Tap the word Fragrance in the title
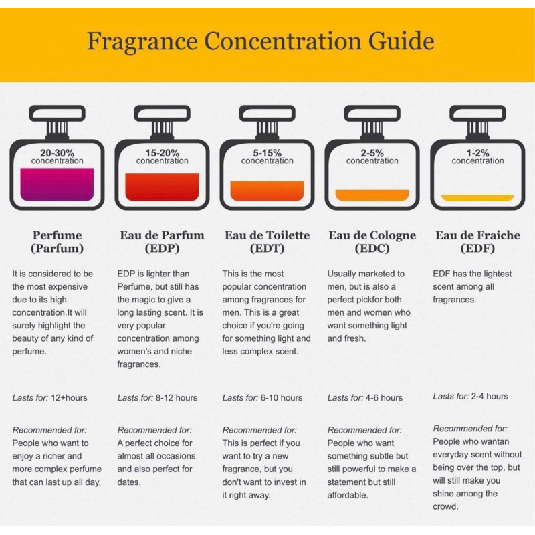coord(142,42)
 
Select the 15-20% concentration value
coord(162,153)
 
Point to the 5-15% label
coord(267,153)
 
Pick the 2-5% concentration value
coord(372,153)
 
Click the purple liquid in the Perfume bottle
coord(57,185)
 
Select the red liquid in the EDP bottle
coord(162,187)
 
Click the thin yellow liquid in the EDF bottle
coord(477,198)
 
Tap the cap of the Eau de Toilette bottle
coord(267,113)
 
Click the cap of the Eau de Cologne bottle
coord(372,113)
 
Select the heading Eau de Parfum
coord(162,235)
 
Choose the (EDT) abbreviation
coord(267,248)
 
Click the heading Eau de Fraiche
coord(477,235)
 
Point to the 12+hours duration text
coord(69,398)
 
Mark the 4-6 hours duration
coord(384,398)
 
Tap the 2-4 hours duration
coord(490,396)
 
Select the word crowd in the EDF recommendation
coord(445,507)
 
